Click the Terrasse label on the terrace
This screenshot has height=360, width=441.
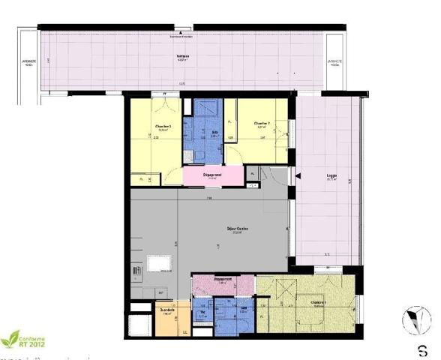tap(182, 56)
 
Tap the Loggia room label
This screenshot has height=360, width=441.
tap(331, 178)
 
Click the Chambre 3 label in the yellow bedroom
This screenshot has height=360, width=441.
tap(163, 127)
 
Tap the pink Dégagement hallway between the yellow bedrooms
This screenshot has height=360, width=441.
tap(212, 175)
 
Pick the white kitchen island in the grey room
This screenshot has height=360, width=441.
tap(158, 263)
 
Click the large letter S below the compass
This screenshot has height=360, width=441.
tap(423, 349)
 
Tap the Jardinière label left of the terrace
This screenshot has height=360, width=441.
tap(29, 64)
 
